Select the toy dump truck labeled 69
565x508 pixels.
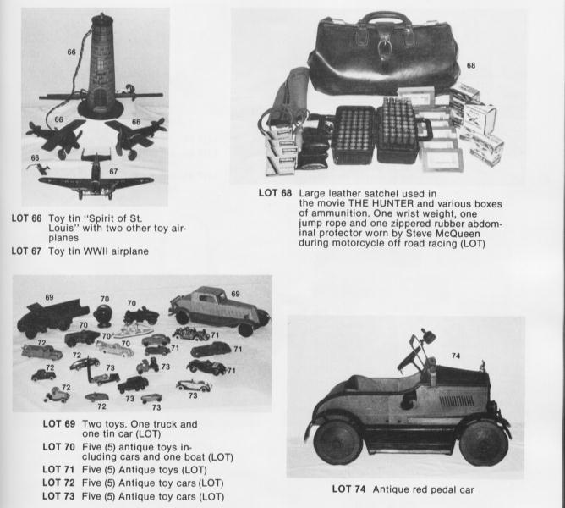pos(50,314)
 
